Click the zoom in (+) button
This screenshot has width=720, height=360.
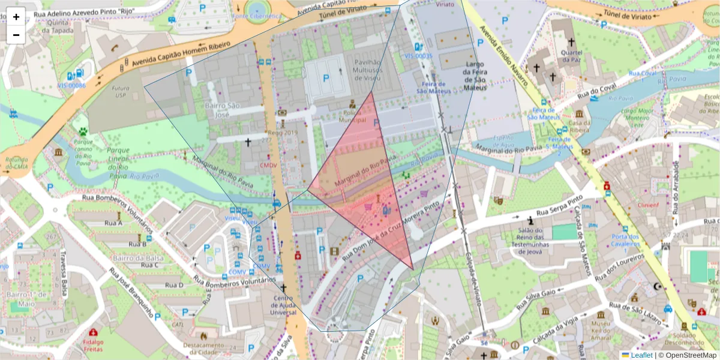tap(16, 17)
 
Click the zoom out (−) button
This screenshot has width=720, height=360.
tap(16, 35)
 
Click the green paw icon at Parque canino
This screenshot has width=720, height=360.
tap(83, 130)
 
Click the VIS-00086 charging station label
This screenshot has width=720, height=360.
tap(71, 85)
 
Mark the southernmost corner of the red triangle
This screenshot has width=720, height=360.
tap(413, 269)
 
